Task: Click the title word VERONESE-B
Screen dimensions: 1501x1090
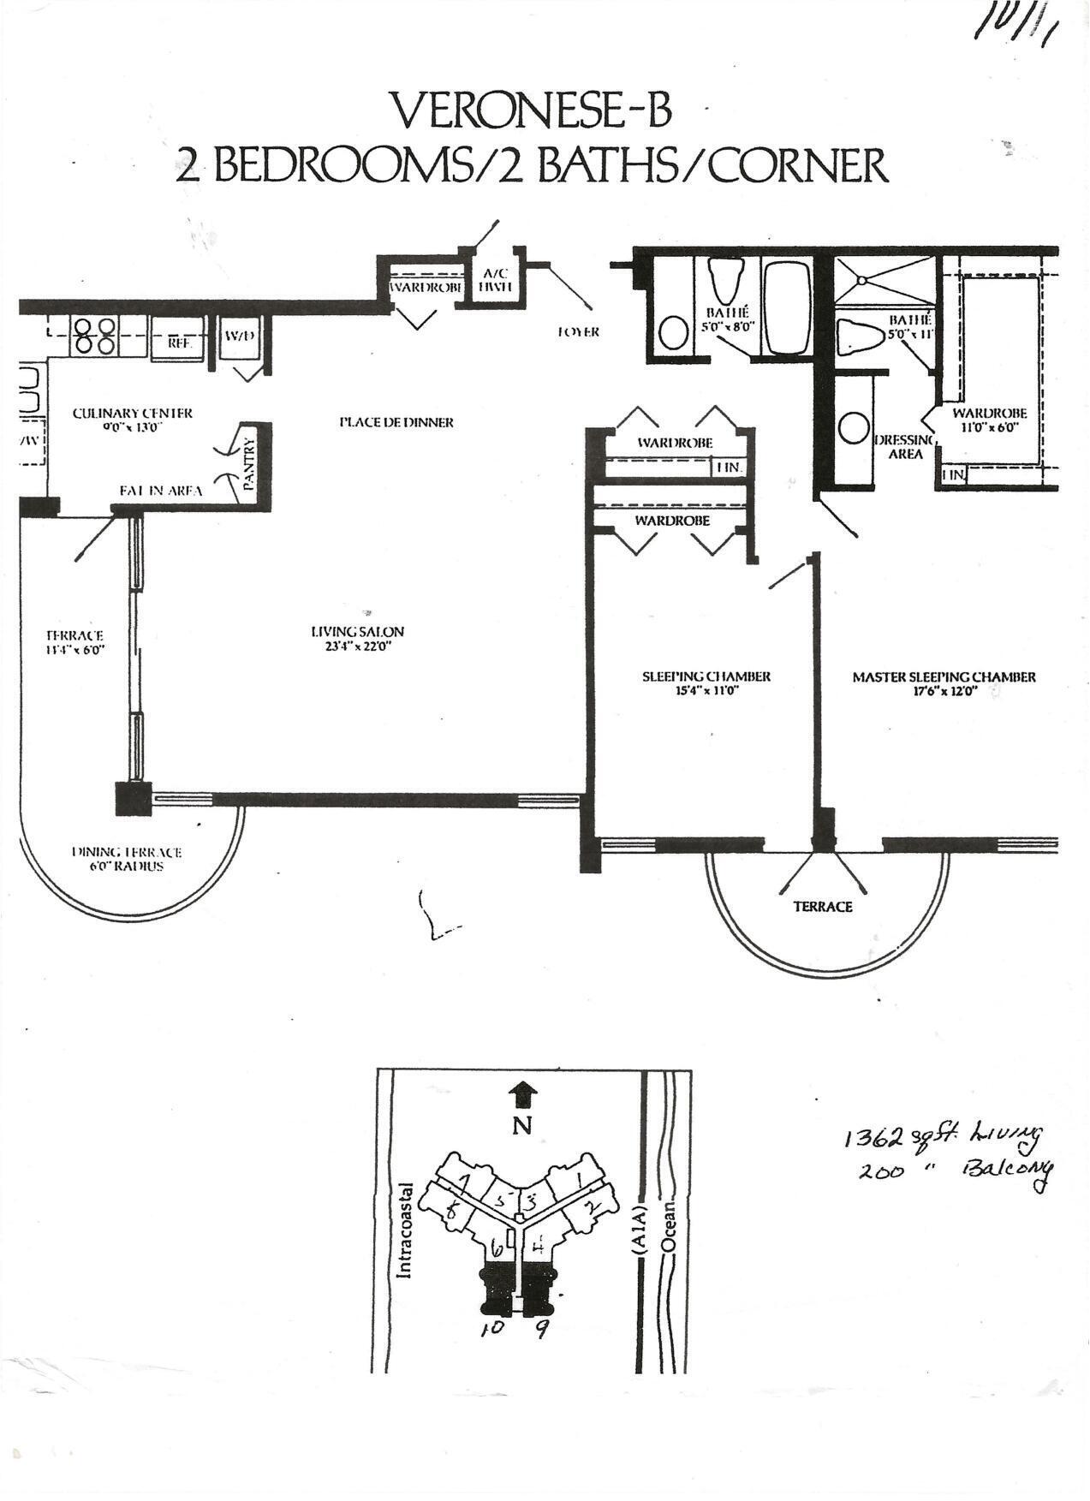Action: pyautogui.click(x=531, y=110)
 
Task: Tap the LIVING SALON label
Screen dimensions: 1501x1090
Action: pyautogui.click(x=357, y=632)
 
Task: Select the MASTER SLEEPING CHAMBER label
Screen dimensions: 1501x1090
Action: pyautogui.click(x=944, y=676)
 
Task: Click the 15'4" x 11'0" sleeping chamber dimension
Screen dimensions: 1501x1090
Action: pyautogui.click(x=706, y=689)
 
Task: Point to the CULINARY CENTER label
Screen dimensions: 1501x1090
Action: pyautogui.click(x=133, y=413)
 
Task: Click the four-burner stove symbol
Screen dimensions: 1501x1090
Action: pyautogui.click(x=94, y=336)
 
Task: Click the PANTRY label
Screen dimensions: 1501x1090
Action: pyautogui.click(x=250, y=463)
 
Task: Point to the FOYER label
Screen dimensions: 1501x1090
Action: pyautogui.click(x=578, y=331)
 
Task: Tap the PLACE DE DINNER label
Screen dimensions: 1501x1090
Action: pyautogui.click(x=396, y=422)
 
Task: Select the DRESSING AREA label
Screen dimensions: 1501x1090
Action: pyautogui.click(x=904, y=446)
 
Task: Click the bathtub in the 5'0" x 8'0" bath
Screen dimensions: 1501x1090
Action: pyautogui.click(x=786, y=307)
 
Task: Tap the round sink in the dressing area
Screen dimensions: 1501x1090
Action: pyautogui.click(x=853, y=427)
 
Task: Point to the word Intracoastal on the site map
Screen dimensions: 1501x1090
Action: pyautogui.click(x=406, y=1230)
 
